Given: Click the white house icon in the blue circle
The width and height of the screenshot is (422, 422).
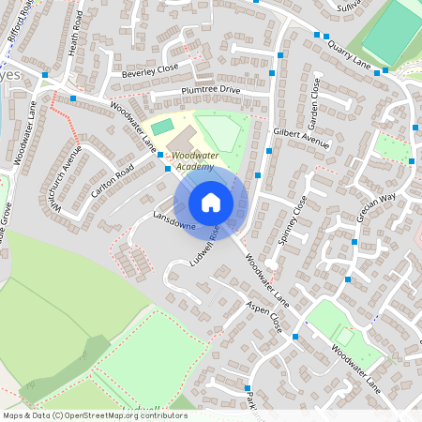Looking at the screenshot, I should click(211, 202).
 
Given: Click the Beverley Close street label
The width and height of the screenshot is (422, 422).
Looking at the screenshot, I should click(143, 70).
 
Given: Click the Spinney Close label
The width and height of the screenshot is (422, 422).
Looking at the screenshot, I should click(294, 217).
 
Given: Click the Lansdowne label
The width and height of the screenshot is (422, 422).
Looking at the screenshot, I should click(172, 221).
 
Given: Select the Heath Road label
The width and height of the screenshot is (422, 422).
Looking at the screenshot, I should click(76, 34).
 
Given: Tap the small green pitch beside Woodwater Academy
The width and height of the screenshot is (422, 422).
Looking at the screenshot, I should click(162, 126).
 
